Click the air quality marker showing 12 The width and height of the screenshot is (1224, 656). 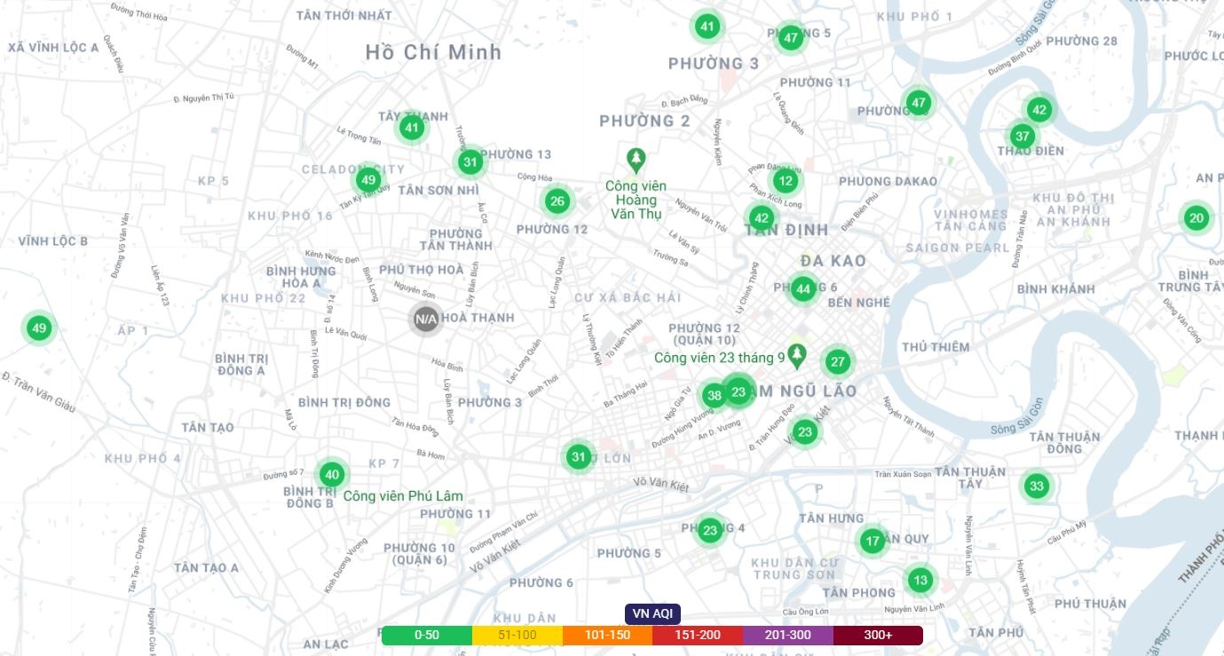(784, 181)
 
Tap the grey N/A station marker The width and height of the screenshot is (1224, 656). (426, 319)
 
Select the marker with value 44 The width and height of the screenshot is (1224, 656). (803, 288)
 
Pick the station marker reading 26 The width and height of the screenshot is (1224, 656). (557, 201)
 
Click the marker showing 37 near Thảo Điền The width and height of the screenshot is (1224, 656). (1023, 136)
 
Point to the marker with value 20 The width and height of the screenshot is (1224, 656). (1196, 217)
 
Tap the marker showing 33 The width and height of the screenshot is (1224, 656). (1036, 486)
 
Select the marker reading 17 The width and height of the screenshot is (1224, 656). (873, 541)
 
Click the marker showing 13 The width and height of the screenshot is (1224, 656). (920, 581)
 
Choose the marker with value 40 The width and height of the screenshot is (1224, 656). (331, 474)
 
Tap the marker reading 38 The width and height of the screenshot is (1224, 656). (715, 395)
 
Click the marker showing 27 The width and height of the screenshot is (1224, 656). (838, 361)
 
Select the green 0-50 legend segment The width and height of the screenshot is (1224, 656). (427, 635)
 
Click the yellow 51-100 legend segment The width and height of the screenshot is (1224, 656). (517, 635)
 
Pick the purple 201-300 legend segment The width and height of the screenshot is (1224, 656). (788, 635)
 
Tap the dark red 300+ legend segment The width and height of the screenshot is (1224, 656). (878, 635)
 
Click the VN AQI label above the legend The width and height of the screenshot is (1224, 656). (652, 613)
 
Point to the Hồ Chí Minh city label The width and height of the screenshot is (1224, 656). (433, 52)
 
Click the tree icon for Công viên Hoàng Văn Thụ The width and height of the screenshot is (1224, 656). (636, 161)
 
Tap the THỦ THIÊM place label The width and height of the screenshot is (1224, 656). (936, 347)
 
